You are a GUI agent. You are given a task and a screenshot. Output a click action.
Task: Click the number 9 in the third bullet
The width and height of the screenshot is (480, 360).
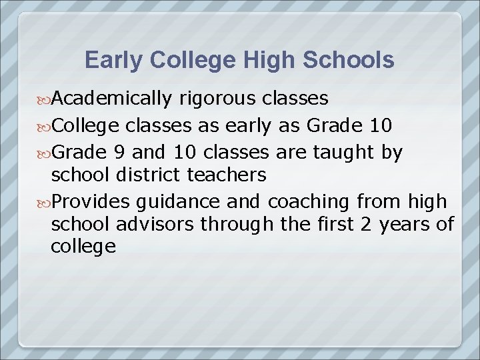[x=118, y=152]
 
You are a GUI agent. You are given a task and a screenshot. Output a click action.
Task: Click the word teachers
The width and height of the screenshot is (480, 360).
[x=226, y=175]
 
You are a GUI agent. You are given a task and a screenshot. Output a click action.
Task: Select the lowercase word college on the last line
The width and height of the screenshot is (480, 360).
[x=83, y=247]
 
